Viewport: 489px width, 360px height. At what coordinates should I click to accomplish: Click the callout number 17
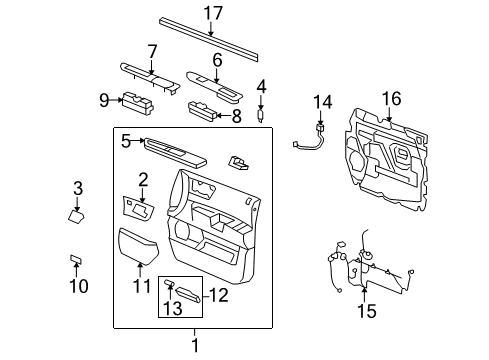coord(211,14)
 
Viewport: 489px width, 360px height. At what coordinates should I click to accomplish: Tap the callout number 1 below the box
coord(195,346)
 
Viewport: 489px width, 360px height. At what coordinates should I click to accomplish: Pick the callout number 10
coord(78,288)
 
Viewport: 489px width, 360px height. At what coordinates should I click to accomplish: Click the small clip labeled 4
coord(261,114)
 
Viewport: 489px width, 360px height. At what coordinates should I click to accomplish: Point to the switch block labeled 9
coord(137,100)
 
